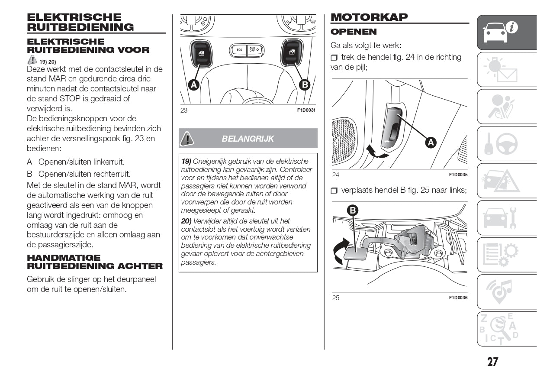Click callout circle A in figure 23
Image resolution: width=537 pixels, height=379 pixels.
(x=193, y=85)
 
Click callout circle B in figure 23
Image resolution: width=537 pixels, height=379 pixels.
(x=305, y=84)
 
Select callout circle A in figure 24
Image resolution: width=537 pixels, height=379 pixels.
(x=431, y=142)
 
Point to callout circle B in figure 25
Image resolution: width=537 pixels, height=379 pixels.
(x=353, y=211)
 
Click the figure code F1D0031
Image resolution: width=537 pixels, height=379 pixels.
(x=306, y=110)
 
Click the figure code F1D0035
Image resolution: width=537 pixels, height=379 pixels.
(x=458, y=175)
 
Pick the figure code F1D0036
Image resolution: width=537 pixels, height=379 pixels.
(x=458, y=298)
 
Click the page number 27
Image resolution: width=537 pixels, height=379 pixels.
(x=492, y=362)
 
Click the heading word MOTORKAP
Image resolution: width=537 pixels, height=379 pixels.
(x=369, y=17)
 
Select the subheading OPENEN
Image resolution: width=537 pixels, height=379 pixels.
(x=354, y=32)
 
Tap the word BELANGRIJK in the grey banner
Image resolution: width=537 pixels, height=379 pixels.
(x=248, y=139)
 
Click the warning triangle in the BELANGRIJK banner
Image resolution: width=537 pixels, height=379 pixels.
(x=187, y=138)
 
